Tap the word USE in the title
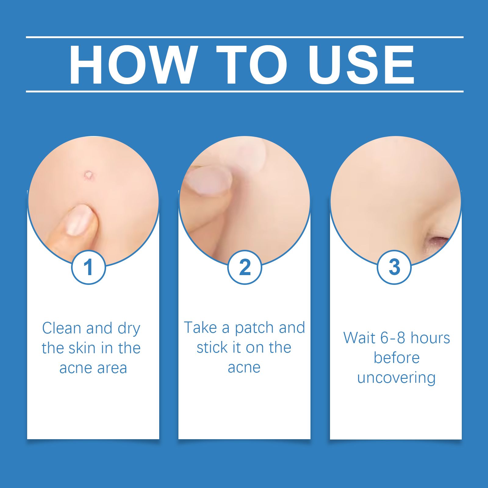click(x=361, y=64)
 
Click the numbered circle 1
click(x=88, y=267)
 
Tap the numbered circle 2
click(x=245, y=267)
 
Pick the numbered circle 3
click(x=394, y=267)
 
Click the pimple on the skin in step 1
click(x=89, y=175)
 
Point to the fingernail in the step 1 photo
click(x=79, y=220)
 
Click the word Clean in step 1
click(x=62, y=328)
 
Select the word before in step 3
click(x=396, y=358)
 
